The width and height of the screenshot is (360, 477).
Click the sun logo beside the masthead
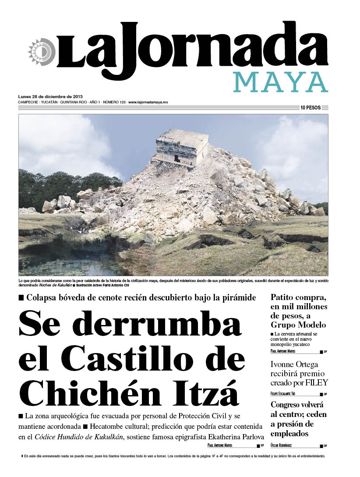pos(40,52)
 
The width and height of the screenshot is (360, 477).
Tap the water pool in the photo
pos(61,263)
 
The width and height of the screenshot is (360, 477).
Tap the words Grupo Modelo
pos(298,325)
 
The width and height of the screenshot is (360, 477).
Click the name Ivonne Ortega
pos(294,364)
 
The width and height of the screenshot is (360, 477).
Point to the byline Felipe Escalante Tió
pos(289,394)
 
